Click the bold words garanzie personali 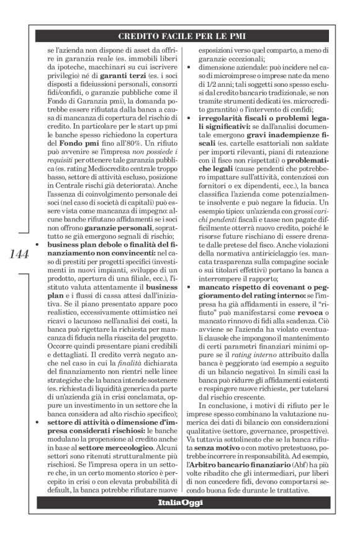(131, 228)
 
